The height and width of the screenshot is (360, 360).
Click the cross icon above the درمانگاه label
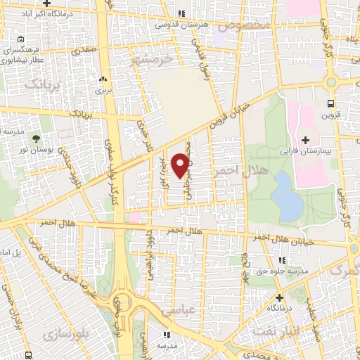click(x=278, y=297)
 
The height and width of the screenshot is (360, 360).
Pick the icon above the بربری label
click(x=103, y=79)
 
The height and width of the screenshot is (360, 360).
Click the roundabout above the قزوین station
click(x=330, y=82)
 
